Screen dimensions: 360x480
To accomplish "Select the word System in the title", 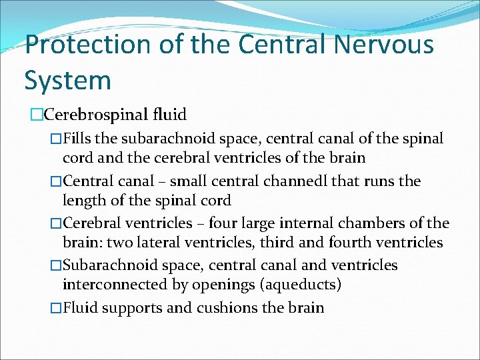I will click(x=67, y=80).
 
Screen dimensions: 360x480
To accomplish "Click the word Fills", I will click(x=79, y=139).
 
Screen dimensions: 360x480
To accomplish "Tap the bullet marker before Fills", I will click(x=56, y=139).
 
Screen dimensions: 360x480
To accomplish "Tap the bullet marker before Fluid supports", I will click(x=56, y=307).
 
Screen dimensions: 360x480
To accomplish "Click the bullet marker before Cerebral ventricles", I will click(x=56, y=223).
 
